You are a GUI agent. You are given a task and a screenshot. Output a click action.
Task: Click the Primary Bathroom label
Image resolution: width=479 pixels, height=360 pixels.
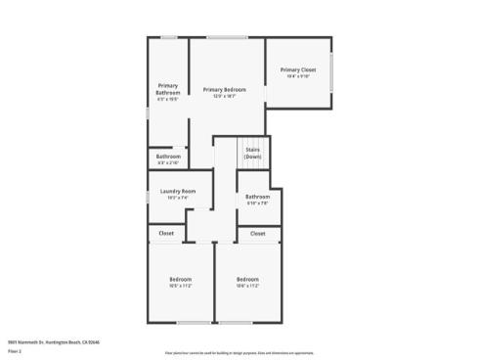(167, 89)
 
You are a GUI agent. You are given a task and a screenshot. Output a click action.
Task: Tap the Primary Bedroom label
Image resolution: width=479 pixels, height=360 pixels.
(225, 90)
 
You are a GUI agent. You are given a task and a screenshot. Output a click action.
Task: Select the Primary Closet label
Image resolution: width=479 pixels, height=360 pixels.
(297, 69)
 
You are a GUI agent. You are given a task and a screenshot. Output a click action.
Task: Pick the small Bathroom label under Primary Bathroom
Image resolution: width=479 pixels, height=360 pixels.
(168, 156)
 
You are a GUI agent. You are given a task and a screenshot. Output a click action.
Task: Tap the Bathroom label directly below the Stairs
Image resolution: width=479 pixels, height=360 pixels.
(257, 197)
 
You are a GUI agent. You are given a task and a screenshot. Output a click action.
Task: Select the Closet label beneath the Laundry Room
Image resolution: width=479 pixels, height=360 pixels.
(166, 233)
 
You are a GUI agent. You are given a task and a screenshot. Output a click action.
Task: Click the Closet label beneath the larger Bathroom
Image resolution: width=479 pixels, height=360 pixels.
(257, 233)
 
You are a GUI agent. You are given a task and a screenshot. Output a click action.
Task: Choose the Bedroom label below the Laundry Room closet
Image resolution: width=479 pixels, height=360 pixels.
(180, 279)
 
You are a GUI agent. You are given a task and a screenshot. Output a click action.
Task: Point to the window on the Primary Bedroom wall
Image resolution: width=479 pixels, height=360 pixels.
(226, 38)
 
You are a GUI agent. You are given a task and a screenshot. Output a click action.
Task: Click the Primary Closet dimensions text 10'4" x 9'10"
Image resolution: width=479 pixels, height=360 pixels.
(297, 76)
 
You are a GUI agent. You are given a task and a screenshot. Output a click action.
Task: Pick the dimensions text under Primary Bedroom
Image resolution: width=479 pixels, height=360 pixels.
(225, 97)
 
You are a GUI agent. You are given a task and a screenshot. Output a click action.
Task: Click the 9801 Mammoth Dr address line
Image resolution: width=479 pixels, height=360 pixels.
(54, 341)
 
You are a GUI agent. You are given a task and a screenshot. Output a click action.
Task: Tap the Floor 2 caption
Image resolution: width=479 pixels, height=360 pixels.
(15, 350)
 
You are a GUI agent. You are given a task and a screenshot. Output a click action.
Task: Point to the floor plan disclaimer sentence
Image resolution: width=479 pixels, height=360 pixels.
(239, 352)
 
